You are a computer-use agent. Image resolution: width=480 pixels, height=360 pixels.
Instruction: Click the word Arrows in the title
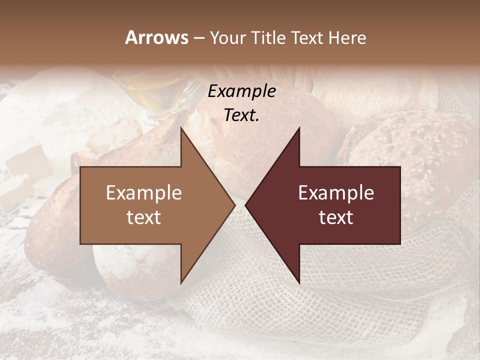[156, 37]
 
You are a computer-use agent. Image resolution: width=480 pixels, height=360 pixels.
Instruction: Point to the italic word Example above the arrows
[241, 91]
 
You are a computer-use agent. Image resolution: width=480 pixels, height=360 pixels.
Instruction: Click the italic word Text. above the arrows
[241, 115]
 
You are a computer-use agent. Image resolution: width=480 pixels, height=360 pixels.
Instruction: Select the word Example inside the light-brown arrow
[144, 193]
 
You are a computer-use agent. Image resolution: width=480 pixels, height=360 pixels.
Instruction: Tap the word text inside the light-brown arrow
[144, 217]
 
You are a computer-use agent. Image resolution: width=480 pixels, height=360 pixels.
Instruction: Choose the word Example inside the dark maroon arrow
[336, 193]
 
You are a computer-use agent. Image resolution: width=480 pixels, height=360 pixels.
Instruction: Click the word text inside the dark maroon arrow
[336, 217]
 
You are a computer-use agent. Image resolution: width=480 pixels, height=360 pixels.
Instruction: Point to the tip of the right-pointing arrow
[234, 205]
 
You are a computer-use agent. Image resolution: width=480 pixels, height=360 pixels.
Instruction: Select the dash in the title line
[198, 38]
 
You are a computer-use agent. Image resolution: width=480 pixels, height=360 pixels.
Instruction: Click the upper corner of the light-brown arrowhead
[181, 128]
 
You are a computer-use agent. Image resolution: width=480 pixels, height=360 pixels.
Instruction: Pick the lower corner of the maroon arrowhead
[299, 283]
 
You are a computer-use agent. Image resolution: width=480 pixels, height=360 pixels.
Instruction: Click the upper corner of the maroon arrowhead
[299, 128]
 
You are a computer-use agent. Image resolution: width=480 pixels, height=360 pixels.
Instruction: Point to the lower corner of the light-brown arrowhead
[181, 283]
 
